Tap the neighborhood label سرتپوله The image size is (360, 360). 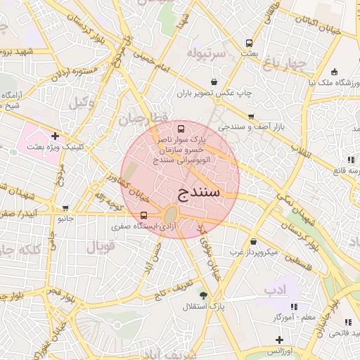206,53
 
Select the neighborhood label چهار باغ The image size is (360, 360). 285,65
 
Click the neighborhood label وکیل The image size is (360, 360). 82,102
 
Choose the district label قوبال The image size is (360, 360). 99,247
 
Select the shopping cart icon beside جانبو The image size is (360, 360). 65,207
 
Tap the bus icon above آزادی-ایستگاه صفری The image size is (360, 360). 144,215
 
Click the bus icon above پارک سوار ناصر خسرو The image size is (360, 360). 181,129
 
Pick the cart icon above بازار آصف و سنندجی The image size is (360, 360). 250,116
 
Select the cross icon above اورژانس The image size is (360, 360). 279,340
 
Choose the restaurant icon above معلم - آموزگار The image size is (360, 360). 294,306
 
